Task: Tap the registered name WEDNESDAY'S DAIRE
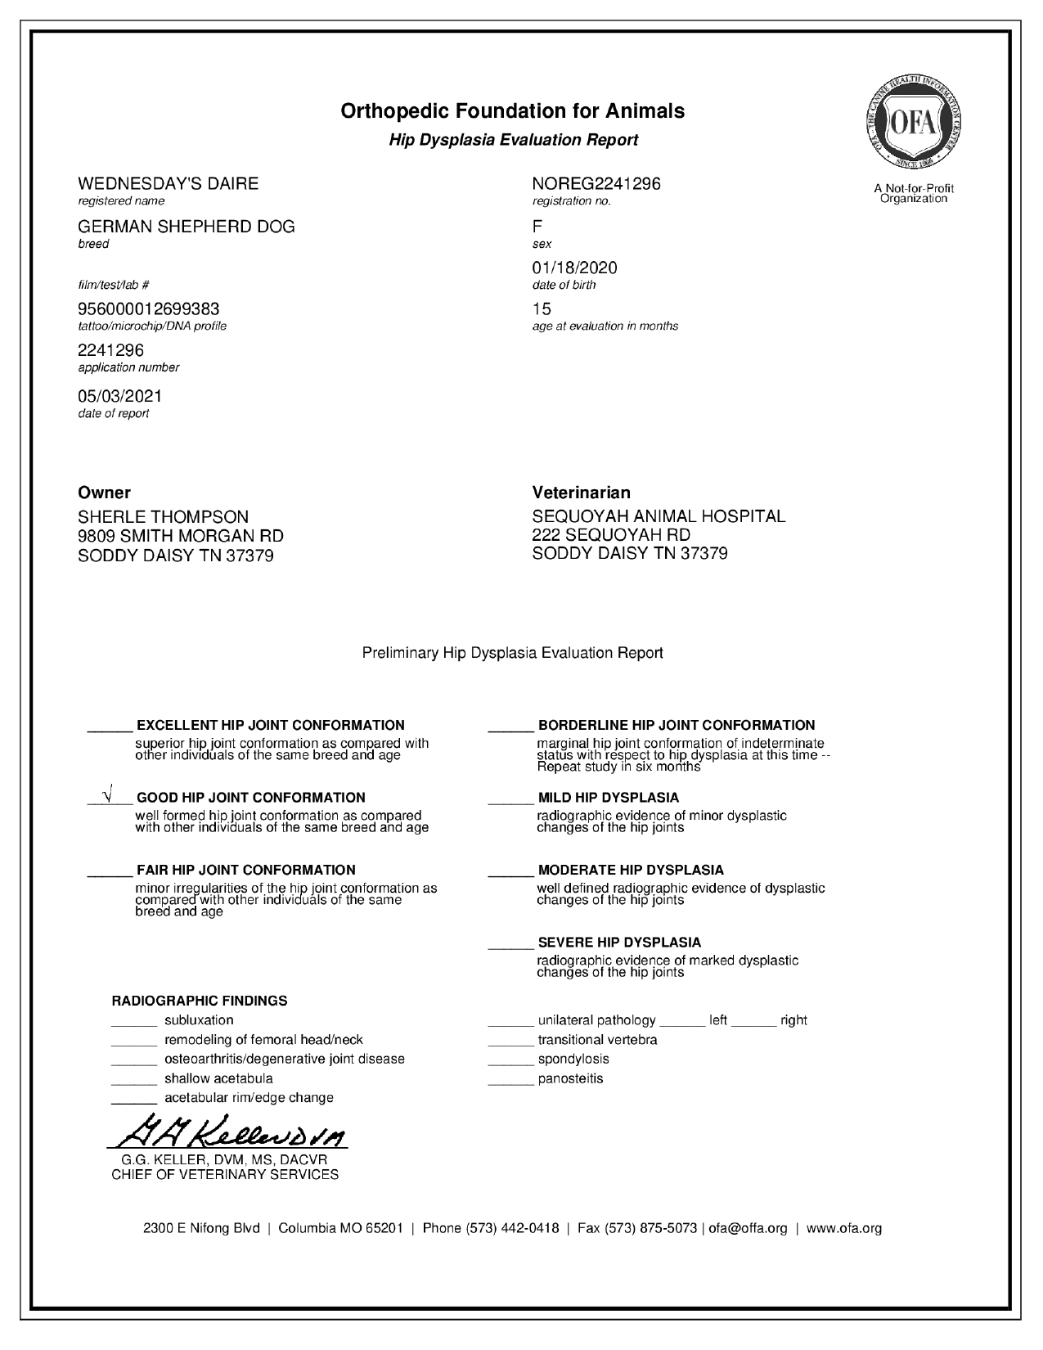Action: pyautogui.click(x=168, y=183)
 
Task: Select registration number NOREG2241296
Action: pyautogui.click(x=596, y=183)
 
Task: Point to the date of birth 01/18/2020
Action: pyautogui.click(x=574, y=268)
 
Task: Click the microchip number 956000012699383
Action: pyautogui.click(x=148, y=308)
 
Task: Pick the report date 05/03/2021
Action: pyautogui.click(x=119, y=396)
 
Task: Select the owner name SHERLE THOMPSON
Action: pyautogui.click(x=163, y=517)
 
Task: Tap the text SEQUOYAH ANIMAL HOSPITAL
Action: pyautogui.click(x=659, y=516)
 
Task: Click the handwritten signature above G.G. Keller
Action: pyautogui.click(x=228, y=1132)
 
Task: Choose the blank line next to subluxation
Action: pyautogui.click(x=133, y=1024)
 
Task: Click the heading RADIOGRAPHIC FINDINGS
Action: pyautogui.click(x=199, y=1001)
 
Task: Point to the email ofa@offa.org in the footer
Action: pyautogui.click(x=748, y=1228)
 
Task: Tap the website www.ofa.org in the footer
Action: pyautogui.click(x=844, y=1228)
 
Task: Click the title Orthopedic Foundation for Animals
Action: pyautogui.click(x=512, y=110)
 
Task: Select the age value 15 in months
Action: pyautogui.click(x=542, y=308)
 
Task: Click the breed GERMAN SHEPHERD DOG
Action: pyautogui.click(x=186, y=226)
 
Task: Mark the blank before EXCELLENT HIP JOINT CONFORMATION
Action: pyautogui.click(x=110, y=728)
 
